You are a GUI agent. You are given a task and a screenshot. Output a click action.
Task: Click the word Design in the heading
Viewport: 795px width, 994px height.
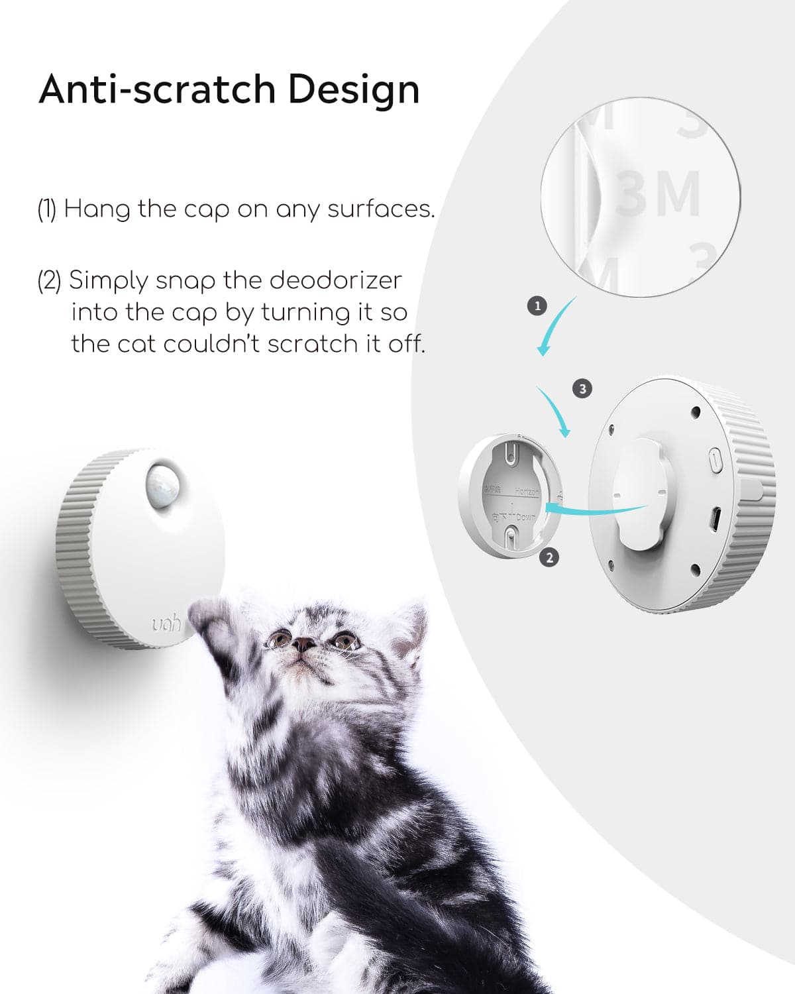tap(354, 89)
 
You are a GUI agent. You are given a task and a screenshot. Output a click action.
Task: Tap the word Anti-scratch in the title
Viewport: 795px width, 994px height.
tap(157, 89)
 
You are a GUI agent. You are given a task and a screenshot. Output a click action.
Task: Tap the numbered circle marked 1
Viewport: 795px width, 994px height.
tap(537, 305)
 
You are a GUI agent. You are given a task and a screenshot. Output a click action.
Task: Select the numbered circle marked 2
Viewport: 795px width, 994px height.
tap(549, 558)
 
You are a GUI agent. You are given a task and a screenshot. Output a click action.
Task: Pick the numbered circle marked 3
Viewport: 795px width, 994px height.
tap(582, 388)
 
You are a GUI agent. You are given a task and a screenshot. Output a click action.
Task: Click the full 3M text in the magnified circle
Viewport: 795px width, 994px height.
tap(657, 194)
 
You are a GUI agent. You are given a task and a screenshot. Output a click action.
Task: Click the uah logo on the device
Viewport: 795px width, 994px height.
tap(166, 624)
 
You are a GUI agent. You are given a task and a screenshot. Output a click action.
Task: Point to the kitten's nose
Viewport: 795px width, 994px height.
tap(304, 643)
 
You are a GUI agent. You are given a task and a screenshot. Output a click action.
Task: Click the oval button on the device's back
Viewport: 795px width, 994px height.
tap(715, 459)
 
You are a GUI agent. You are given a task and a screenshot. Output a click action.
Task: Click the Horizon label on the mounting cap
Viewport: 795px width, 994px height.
tap(527, 491)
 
